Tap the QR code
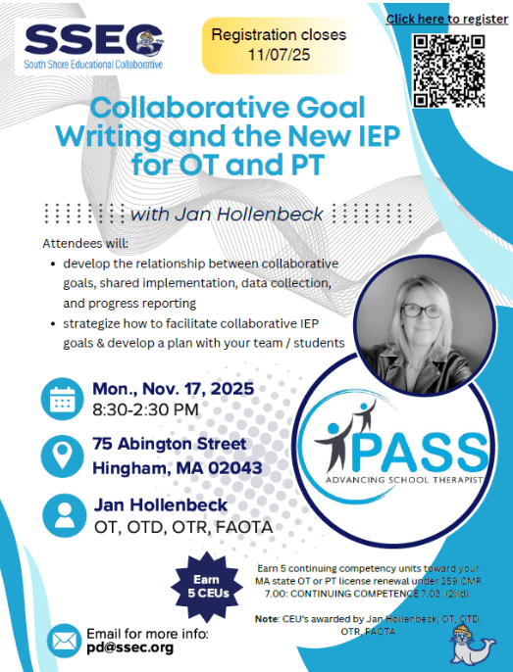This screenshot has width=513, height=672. pos(449,70)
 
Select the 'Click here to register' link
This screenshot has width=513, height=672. pos(446,19)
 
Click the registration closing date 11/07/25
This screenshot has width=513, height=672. pos(279,54)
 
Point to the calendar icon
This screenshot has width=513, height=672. pos(61,400)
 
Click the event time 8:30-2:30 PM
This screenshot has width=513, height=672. pos(145,409)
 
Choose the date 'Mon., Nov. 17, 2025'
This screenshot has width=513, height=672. pos(173,388)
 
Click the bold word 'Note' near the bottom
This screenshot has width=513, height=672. pos(266,619)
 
